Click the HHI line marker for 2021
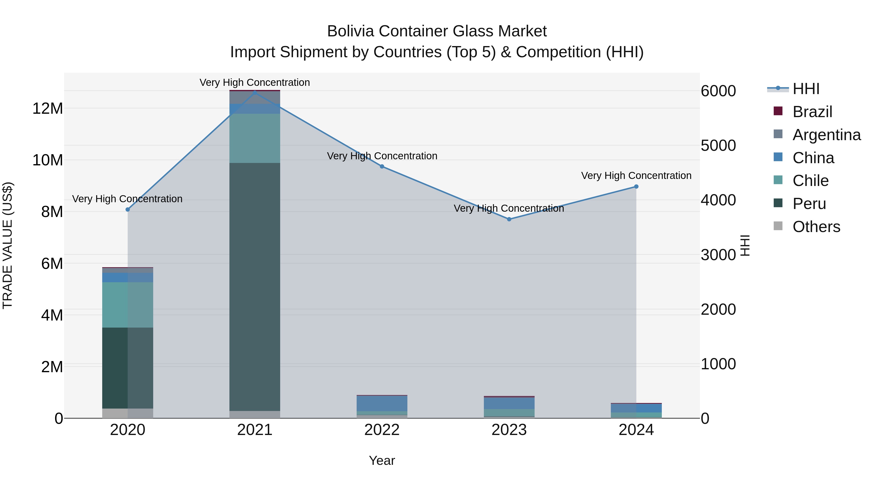[x=255, y=93]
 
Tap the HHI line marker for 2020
[x=127, y=210]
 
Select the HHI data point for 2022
[x=382, y=166]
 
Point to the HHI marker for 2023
[x=509, y=219]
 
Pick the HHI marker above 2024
[x=636, y=187]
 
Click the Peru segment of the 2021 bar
[x=255, y=287]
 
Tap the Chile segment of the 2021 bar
[x=255, y=138]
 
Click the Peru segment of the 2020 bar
[x=127, y=368]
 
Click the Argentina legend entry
[x=826, y=135]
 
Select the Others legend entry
[x=816, y=227]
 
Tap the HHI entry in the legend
[x=806, y=89]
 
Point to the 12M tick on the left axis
[x=48, y=108]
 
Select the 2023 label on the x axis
[x=509, y=430]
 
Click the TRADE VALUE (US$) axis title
[x=8, y=245]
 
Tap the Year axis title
[x=382, y=460]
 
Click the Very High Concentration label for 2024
[x=636, y=176]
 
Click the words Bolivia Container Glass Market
[x=437, y=31]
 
